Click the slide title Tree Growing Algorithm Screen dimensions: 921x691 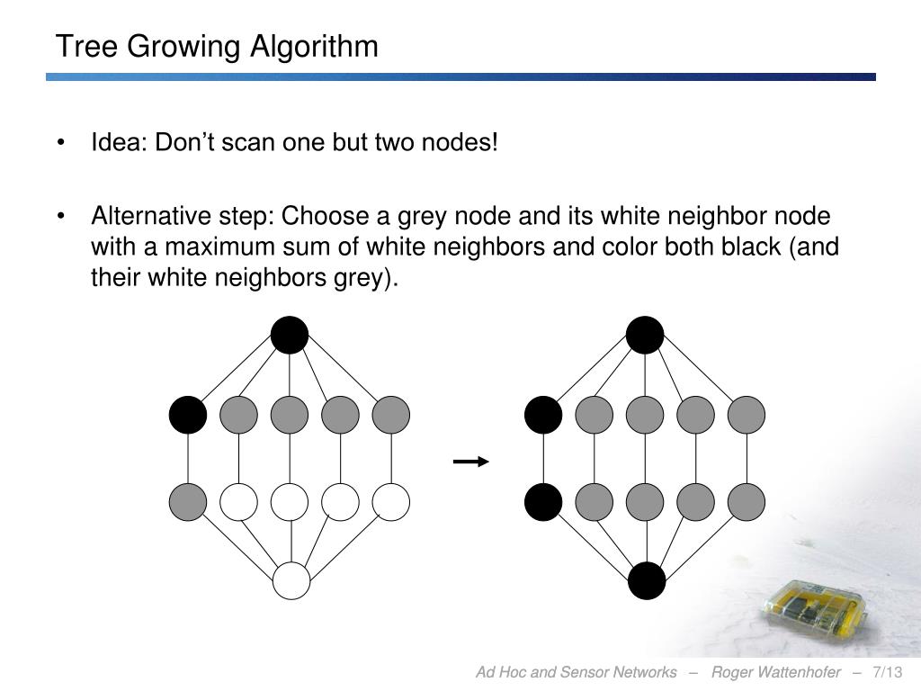[217, 46]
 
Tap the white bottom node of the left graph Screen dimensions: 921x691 [291, 580]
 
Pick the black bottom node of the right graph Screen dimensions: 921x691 [647, 580]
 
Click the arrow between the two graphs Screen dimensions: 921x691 [470, 462]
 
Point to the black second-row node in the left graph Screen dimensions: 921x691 [188, 415]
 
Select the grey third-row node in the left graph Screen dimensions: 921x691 [188, 501]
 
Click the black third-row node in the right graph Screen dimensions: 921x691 [543, 501]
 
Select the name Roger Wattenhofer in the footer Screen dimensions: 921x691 [775, 673]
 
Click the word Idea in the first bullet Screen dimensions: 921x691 [119, 143]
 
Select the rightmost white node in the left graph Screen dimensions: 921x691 [391, 501]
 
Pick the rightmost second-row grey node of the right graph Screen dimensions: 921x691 [747, 415]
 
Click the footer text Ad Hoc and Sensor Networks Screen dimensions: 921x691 [576, 673]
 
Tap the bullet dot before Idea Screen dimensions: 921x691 [62, 144]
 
